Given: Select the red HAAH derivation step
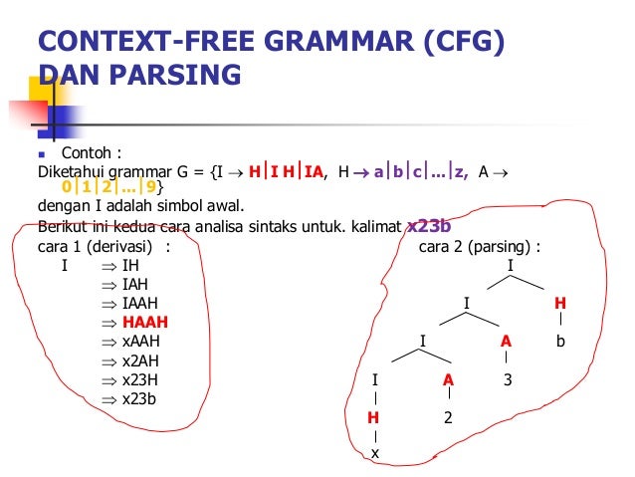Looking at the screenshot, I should [144, 323].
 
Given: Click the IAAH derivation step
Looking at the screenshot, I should [139, 304].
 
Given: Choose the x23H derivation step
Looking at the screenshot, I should [140, 379].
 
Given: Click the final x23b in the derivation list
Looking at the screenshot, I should [139, 398].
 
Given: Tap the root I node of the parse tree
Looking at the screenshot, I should [511, 266].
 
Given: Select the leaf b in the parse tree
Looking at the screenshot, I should [560, 342].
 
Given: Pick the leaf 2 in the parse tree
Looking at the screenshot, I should [448, 417].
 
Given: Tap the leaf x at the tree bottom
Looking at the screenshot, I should [374, 454].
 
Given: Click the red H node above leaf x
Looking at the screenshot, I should [374, 417].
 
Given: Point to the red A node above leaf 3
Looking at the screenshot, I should [507, 342].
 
